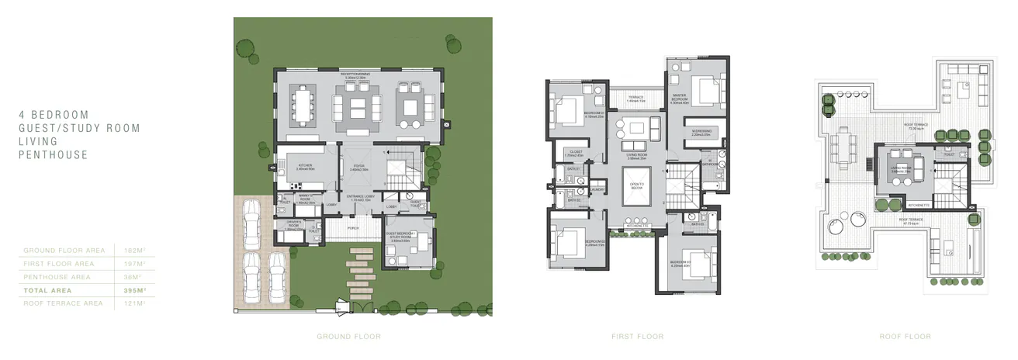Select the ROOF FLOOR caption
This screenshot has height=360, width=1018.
(905, 337)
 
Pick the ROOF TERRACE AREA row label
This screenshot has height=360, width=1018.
(63, 303)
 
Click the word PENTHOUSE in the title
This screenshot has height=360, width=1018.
(54, 155)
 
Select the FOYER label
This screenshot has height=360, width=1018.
(358, 167)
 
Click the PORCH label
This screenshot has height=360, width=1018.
(352, 228)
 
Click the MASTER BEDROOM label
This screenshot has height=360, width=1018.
(679, 98)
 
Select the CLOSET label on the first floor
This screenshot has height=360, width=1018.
(575, 153)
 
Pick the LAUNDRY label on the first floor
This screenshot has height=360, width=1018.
(598, 189)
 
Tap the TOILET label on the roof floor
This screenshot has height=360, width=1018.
(948, 154)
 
